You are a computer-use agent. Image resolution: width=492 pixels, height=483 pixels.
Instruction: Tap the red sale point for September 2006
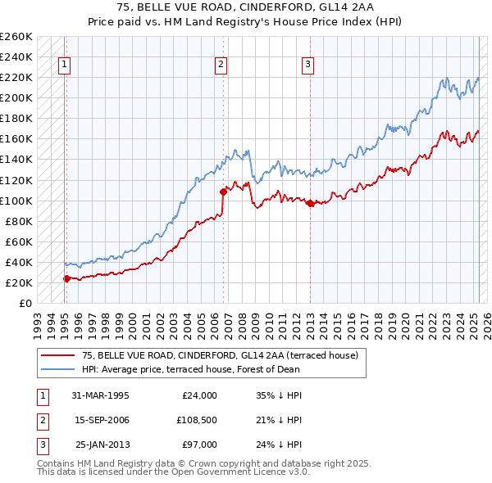point(223,192)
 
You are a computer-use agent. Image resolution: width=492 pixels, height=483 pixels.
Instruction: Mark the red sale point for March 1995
point(66,278)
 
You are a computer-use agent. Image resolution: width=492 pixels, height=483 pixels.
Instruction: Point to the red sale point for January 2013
point(310,204)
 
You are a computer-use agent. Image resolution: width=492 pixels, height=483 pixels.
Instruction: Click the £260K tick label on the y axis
point(16,37)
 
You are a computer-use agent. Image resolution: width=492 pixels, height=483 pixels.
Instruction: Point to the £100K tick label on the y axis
point(16,201)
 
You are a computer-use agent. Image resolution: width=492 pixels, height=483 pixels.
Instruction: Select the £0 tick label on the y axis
point(25,304)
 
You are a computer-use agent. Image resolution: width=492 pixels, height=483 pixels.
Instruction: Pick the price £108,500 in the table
point(194,420)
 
